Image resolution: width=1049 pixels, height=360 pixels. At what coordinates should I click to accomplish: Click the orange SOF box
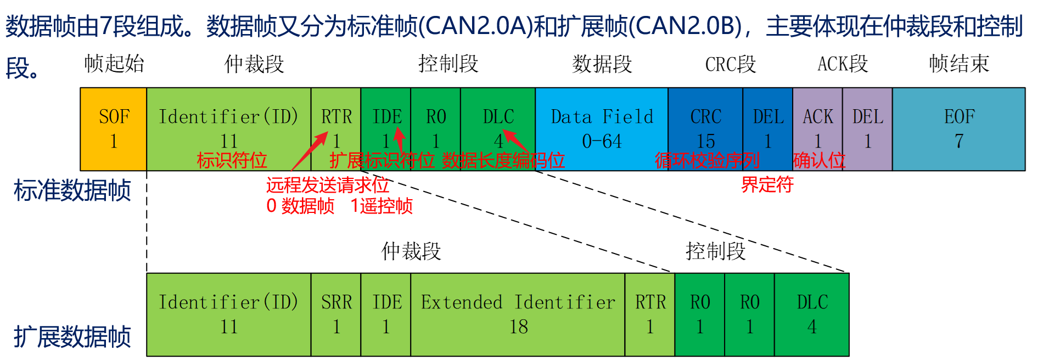pyautogui.click(x=114, y=129)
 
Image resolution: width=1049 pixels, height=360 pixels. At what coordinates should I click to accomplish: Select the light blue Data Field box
pyautogui.click(x=602, y=129)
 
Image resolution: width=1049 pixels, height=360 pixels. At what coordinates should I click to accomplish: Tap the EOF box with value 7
pyautogui.click(x=958, y=129)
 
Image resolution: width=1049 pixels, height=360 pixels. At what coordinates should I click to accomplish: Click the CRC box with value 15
pyautogui.click(x=705, y=129)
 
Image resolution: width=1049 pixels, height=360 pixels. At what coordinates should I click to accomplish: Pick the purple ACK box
pyautogui.click(x=817, y=129)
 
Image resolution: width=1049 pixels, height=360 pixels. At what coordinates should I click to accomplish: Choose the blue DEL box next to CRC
pyautogui.click(x=767, y=129)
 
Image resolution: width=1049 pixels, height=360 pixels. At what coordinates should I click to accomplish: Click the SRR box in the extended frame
pyautogui.click(x=336, y=314)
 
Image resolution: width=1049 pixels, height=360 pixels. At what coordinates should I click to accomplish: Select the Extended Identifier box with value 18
pyautogui.click(x=518, y=314)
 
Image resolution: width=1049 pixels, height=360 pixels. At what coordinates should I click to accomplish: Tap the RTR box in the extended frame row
pyautogui.click(x=650, y=314)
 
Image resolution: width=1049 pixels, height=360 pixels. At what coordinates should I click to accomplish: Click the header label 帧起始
pyautogui.click(x=114, y=64)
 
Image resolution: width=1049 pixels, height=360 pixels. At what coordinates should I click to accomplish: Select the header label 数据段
pyautogui.click(x=602, y=64)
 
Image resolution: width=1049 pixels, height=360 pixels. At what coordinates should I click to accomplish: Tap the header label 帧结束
pyautogui.click(x=959, y=64)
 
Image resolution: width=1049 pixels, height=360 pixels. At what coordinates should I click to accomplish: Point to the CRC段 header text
pyautogui.click(x=730, y=64)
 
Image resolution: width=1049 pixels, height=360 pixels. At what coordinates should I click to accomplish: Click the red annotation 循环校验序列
pyautogui.click(x=707, y=160)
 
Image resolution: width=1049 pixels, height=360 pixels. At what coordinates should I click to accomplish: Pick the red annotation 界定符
pyautogui.click(x=767, y=184)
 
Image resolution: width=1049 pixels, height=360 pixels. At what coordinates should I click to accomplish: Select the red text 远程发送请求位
pyautogui.click(x=327, y=185)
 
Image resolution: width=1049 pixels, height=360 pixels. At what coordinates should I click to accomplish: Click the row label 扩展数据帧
pyautogui.click(x=72, y=336)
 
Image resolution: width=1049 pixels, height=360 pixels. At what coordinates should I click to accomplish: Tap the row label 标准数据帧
pyautogui.click(x=72, y=190)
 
